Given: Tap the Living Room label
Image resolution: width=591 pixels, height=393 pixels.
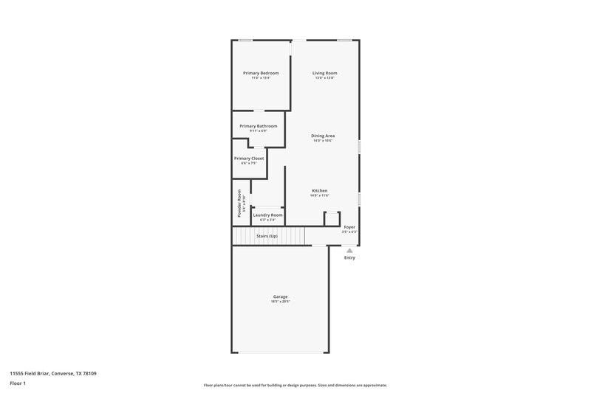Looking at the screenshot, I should coord(324,73).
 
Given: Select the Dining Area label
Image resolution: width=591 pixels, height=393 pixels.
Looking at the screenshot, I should coord(323,136).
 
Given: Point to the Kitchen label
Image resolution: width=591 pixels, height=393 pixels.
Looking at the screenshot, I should coord(319,190).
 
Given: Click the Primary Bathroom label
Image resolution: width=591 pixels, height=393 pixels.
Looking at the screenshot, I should coord(258,126).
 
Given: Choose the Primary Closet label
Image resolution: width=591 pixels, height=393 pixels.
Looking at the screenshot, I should coord(249,159).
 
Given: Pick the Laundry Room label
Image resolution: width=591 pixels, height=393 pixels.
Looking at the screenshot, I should coord(267,215).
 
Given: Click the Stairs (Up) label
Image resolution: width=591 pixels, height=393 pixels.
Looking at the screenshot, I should coord(267,236).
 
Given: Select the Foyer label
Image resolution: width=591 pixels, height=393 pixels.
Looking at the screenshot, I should coord(349,227).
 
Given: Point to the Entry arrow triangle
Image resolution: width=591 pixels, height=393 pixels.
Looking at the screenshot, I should coord(349,251).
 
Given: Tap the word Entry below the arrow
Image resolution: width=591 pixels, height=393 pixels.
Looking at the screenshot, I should coord(349,257).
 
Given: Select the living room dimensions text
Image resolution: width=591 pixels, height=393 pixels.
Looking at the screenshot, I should coord(324,77).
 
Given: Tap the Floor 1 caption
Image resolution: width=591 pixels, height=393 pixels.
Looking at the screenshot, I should coord(17,384).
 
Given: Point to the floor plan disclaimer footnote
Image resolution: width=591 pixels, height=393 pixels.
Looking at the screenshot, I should coord(295,385).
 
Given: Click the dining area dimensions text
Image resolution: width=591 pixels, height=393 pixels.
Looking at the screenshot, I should coord(323,140).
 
